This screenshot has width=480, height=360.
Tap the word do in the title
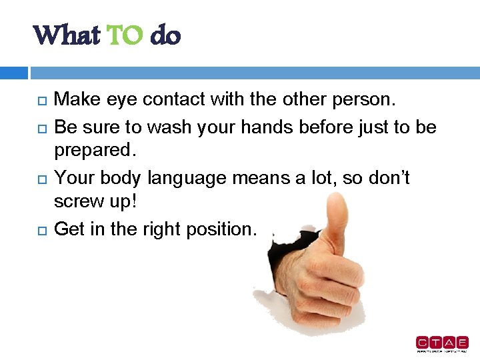(165, 35)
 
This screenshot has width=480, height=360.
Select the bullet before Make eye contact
(39, 101)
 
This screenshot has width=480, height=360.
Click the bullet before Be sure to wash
(39, 127)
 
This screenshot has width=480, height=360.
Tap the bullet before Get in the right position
(39, 230)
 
